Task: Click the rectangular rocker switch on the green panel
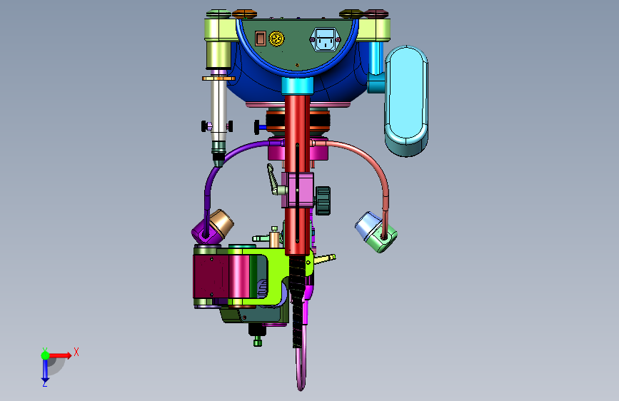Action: [260, 39]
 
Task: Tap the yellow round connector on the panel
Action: [276, 39]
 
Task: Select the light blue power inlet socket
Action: [326, 39]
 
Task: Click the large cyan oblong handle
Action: [406, 101]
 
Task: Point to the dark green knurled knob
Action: [323, 200]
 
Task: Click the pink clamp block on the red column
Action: [298, 190]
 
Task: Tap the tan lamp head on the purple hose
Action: [221, 223]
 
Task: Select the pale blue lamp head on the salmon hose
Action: [367, 225]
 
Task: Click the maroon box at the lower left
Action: [211, 276]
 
